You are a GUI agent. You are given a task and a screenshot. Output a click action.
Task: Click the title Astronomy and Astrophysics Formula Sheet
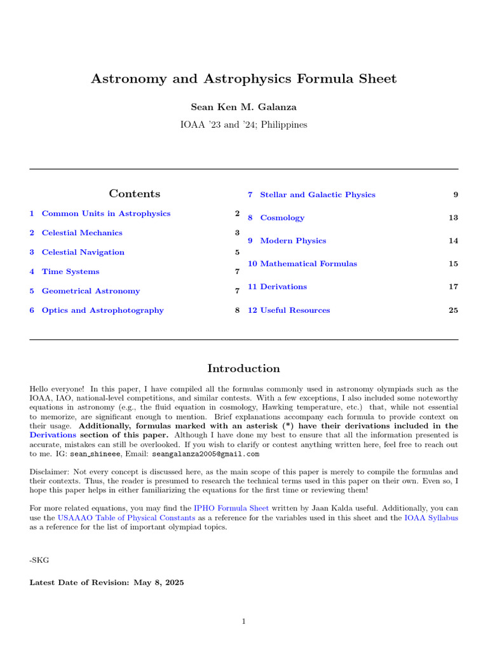click(244, 79)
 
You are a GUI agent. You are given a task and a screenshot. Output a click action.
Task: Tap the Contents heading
click(134, 193)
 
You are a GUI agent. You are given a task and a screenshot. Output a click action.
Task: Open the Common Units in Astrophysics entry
click(105, 214)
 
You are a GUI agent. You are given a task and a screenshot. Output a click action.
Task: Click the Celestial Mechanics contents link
click(82, 233)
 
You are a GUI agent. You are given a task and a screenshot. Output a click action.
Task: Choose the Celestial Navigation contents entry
click(83, 252)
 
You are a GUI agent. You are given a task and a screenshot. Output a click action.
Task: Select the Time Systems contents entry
click(71, 271)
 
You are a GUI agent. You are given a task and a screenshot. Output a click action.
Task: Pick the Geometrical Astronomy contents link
click(90, 291)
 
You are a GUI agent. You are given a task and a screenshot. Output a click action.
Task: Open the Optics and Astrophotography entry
click(102, 310)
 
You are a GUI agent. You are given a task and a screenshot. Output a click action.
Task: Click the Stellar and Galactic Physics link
click(317, 195)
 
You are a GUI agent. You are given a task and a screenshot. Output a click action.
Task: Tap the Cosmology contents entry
click(282, 218)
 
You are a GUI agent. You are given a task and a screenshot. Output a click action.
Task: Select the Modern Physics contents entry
click(293, 241)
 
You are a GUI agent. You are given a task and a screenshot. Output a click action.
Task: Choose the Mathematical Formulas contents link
click(308, 264)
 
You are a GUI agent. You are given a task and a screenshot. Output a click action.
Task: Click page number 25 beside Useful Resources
click(452, 310)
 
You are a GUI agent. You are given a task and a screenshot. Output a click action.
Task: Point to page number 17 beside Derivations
click(452, 287)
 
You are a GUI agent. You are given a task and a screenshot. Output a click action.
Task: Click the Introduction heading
click(244, 369)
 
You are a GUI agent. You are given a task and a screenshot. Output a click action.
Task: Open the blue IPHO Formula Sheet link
click(231, 509)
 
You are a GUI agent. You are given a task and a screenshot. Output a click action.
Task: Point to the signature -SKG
click(38, 559)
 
